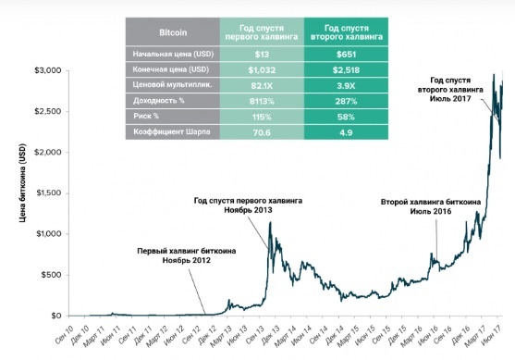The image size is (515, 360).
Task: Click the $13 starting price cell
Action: pos(262,54)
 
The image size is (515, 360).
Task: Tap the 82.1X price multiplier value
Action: pos(262,86)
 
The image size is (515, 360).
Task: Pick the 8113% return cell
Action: pos(262,102)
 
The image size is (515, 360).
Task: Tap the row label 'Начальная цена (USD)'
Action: pos(173,54)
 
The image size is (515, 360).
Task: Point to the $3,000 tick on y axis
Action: pos(48,70)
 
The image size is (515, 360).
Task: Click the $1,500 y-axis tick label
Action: pos(48,192)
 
